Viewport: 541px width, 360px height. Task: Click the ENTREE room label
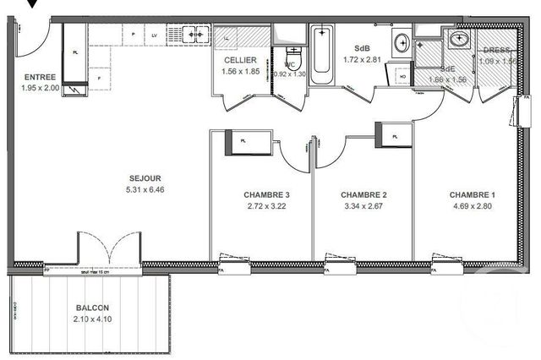coord(40,77)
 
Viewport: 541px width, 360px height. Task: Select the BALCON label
coord(90,308)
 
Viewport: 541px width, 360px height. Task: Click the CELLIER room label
coord(240,61)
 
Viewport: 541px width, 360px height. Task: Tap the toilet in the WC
coord(289,56)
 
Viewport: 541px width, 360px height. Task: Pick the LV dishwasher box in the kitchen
coord(155,35)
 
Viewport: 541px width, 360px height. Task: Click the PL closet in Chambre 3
coord(247,143)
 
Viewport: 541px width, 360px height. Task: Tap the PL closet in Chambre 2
coord(394,134)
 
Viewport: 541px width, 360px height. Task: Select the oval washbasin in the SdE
coord(461,38)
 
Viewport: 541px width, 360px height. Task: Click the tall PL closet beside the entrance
coord(75,52)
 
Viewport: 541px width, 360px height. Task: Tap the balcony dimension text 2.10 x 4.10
coord(90,319)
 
